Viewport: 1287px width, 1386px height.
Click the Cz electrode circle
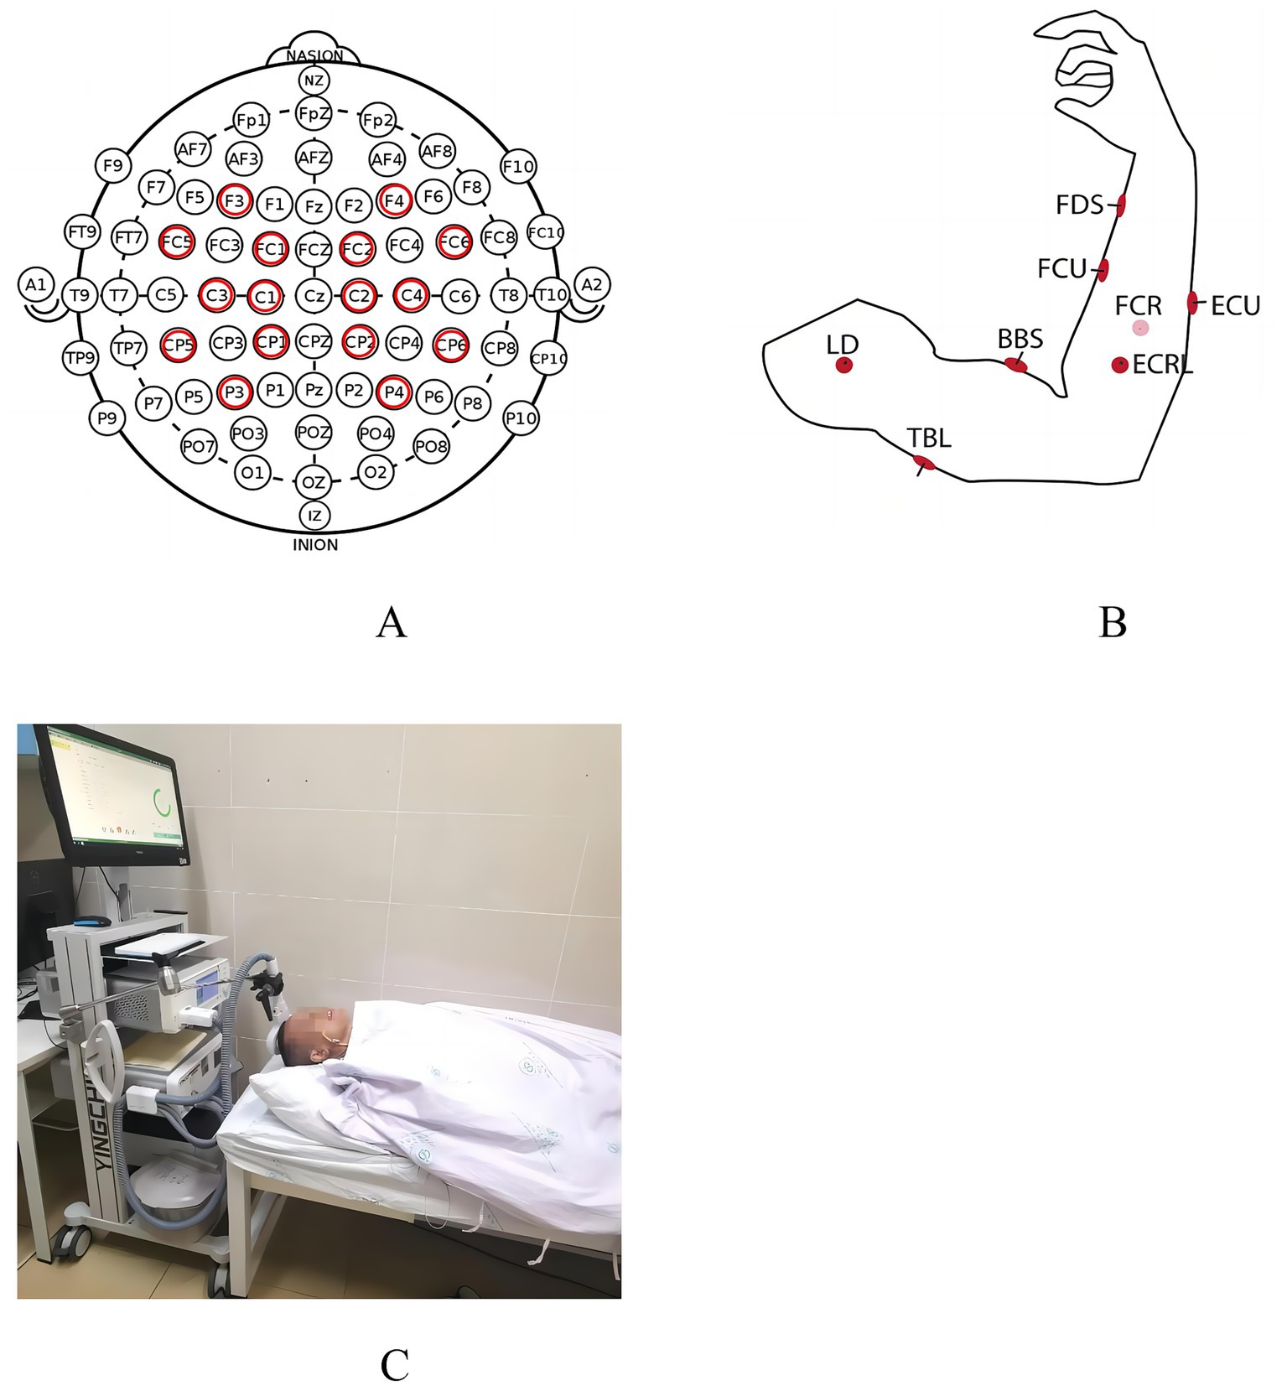pyautogui.click(x=314, y=295)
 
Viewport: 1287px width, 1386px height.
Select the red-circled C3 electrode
pyautogui.click(x=216, y=295)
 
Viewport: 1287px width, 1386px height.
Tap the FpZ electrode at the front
pyautogui.click(x=314, y=112)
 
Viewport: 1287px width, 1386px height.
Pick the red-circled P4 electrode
pyautogui.click(x=393, y=392)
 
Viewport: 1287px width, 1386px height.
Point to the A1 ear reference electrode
pyautogui.click(x=35, y=285)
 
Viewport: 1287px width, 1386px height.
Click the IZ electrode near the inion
pyautogui.click(x=314, y=515)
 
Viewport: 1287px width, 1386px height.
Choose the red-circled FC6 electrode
pyautogui.click(x=454, y=242)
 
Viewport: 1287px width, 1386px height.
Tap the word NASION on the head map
pyautogui.click(x=314, y=55)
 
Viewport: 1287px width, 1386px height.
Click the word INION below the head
pyautogui.click(x=315, y=545)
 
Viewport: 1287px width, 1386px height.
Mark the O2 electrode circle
pyautogui.click(x=375, y=472)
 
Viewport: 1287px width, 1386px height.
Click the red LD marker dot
pyautogui.click(x=843, y=365)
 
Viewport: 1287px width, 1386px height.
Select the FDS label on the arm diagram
pyautogui.click(x=1079, y=205)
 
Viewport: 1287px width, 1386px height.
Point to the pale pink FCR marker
pyautogui.click(x=1139, y=328)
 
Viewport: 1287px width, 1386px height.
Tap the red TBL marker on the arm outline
pyautogui.click(x=923, y=463)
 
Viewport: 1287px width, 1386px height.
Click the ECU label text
pyautogui.click(x=1235, y=306)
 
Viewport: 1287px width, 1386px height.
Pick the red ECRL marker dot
pyautogui.click(x=1119, y=365)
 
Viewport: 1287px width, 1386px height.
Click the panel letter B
pyautogui.click(x=1112, y=622)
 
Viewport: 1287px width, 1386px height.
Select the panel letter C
pyautogui.click(x=394, y=1365)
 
